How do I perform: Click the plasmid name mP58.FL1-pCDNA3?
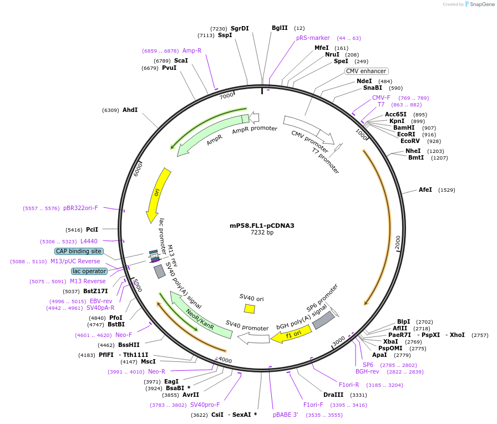262,226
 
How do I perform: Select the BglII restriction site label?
280,28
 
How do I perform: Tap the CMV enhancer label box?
366,71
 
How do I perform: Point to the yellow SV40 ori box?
250,309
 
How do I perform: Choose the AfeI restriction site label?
425,190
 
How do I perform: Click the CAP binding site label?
79,251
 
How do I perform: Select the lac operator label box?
89,271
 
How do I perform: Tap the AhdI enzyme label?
130,110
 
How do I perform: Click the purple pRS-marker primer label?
313,38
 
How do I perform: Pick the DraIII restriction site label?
333,395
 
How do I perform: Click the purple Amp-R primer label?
192,50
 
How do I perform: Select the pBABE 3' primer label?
285,414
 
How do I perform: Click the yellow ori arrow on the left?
156,194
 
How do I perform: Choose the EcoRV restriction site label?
411,141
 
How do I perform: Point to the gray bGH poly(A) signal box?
323,320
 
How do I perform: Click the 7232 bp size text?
262,233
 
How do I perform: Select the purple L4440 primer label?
89,242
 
